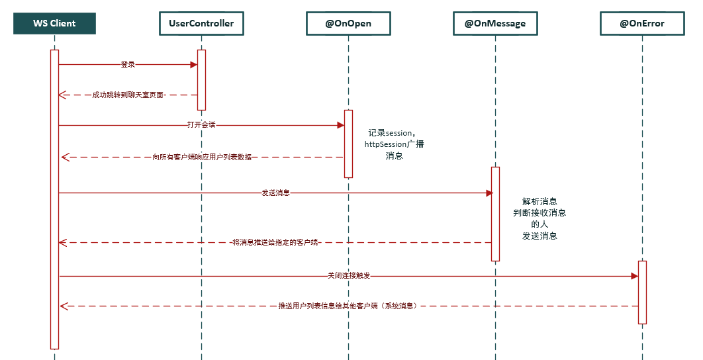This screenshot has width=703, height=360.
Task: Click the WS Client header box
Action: tap(54, 23)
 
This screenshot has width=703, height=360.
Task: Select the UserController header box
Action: tap(201, 23)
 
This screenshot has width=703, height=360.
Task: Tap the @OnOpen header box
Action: tap(348, 23)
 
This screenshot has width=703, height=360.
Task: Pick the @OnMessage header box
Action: tap(495, 23)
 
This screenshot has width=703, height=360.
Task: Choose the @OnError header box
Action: tap(641, 23)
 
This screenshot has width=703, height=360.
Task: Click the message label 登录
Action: tap(128, 65)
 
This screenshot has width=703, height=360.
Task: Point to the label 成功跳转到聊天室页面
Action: tap(128, 95)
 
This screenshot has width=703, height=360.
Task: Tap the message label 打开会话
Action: tap(201, 125)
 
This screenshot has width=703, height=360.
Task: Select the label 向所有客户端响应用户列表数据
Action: tap(202, 157)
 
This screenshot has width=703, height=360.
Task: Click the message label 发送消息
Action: tap(275, 193)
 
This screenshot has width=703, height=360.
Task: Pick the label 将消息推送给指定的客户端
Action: tap(275, 243)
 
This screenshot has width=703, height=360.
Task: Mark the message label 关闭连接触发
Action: tap(348, 276)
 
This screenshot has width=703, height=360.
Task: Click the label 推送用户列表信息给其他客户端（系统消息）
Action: tap(348, 306)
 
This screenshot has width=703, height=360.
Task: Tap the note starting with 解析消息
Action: tap(539, 218)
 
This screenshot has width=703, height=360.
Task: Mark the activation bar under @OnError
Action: tap(641, 292)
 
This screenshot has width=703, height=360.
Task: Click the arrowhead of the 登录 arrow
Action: tap(194, 65)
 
